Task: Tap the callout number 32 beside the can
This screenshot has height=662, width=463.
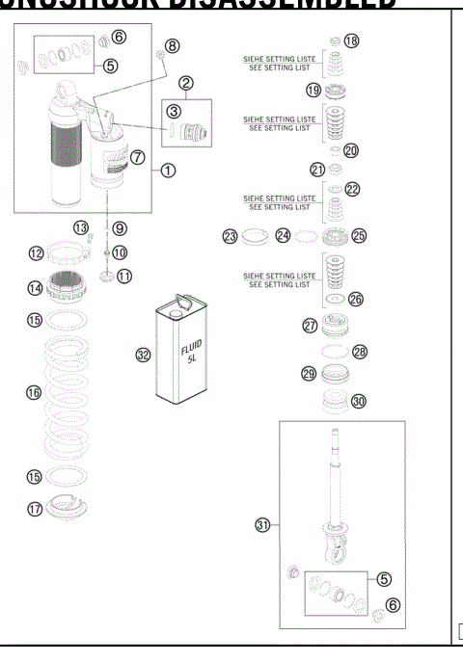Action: click(143, 355)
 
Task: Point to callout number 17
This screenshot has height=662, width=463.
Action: click(34, 509)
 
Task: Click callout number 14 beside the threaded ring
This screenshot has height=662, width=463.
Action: click(34, 287)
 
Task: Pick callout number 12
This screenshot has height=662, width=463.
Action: click(35, 253)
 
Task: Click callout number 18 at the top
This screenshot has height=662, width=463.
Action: click(351, 40)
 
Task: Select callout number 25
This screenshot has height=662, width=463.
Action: click(359, 235)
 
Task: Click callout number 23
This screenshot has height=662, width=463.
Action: click(230, 236)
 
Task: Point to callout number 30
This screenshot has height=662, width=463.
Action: click(360, 402)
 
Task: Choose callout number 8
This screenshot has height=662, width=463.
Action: click(172, 45)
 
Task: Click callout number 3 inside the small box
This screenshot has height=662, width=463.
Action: click(174, 111)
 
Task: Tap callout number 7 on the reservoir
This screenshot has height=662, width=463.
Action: click(138, 156)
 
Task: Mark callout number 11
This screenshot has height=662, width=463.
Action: click(124, 276)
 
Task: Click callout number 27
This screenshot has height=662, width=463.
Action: click(310, 326)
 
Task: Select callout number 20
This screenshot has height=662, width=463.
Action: click(350, 150)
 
